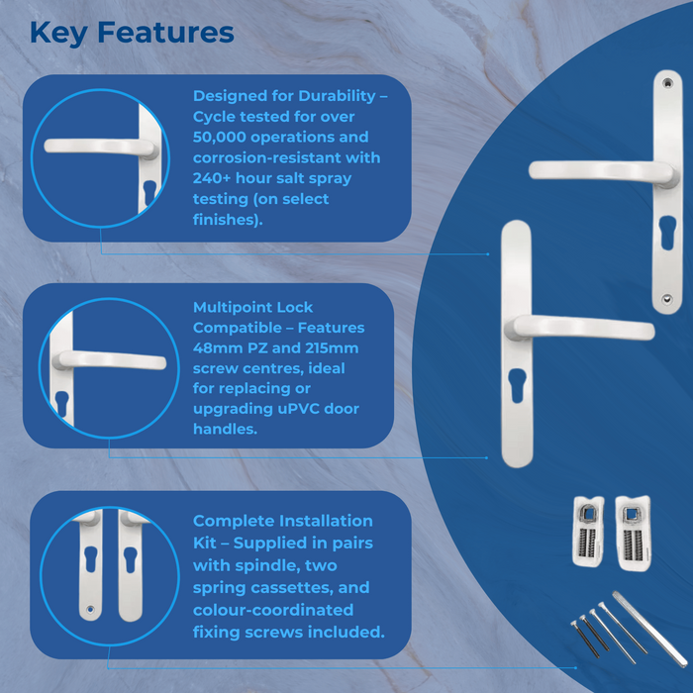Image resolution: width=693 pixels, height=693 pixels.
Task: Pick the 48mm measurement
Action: (x=216, y=348)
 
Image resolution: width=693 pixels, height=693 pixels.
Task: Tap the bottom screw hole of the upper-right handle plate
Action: (x=668, y=297)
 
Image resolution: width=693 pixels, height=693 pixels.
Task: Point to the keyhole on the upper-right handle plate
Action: (x=666, y=238)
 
